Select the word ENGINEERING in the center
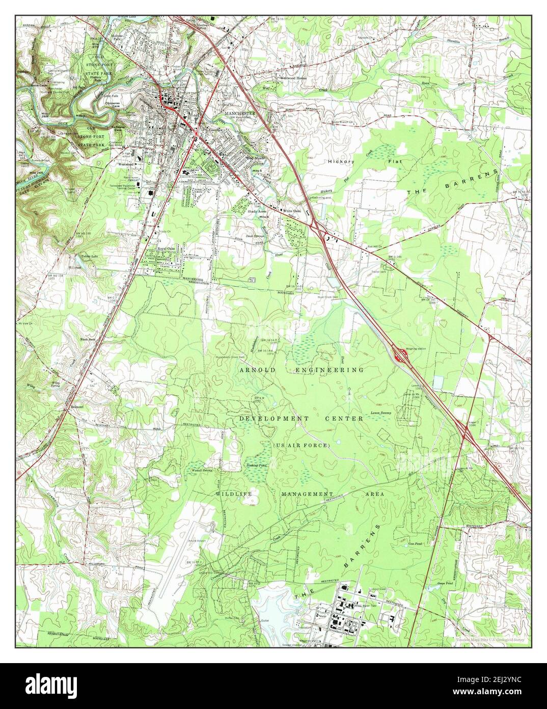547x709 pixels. [x=331, y=370]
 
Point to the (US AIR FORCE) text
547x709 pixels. [x=302, y=446]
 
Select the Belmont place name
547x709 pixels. [x=71, y=408]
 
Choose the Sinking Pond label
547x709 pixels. [x=257, y=465]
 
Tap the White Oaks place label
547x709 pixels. [x=292, y=210]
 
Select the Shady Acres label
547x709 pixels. [x=257, y=211]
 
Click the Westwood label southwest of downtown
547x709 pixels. [x=126, y=164]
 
